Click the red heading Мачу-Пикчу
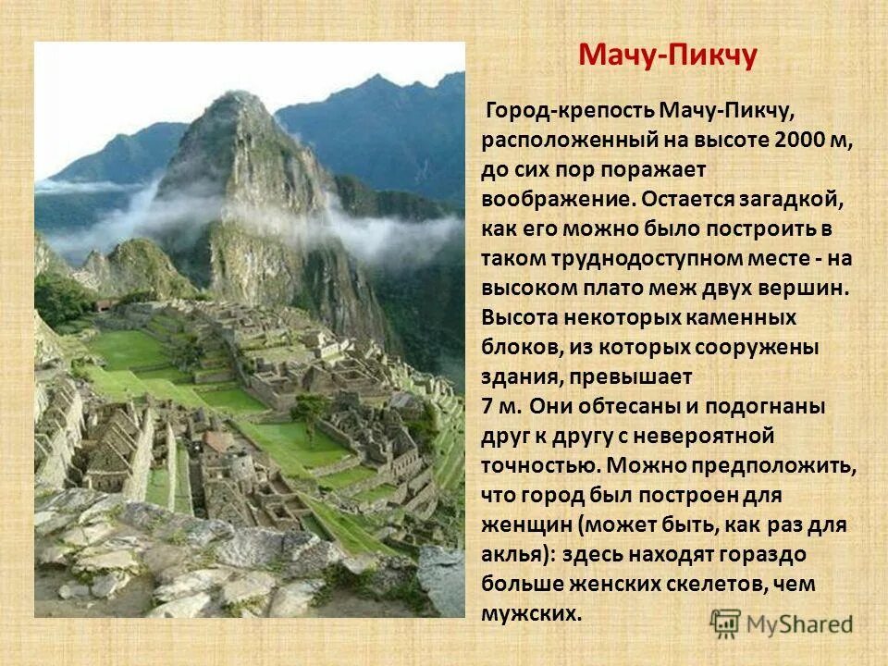(x=668, y=55)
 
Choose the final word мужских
(x=532, y=613)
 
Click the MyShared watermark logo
(x=782, y=623)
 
